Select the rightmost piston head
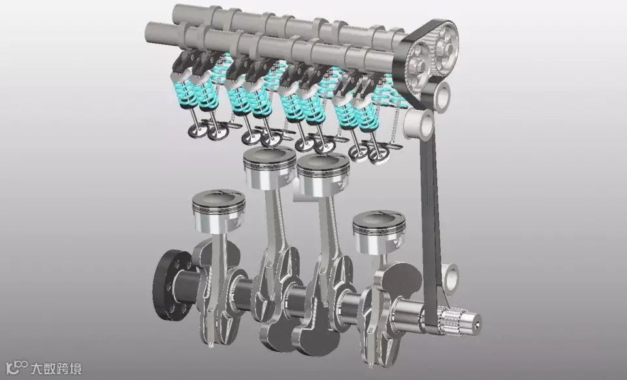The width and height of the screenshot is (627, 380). point(379,232)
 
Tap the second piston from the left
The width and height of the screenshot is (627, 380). point(270,167)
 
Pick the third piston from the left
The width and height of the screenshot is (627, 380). point(323,175)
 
